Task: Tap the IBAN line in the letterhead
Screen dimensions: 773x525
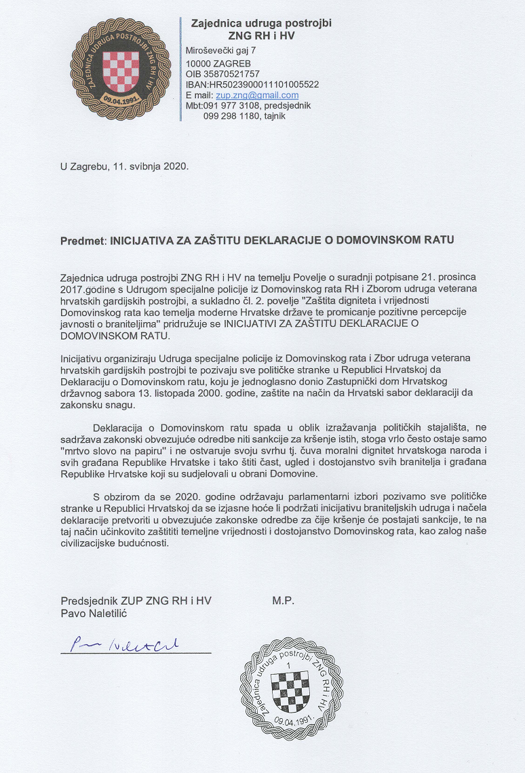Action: tap(252, 85)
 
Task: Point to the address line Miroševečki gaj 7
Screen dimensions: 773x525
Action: tap(220, 52)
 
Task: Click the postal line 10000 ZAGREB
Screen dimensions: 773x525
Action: tap(214, 63)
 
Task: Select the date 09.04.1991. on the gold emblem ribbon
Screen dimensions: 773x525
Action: tap(118, 99)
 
